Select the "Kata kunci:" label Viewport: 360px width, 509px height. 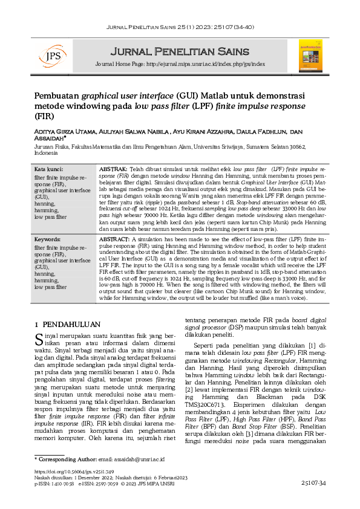[48, 169]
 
